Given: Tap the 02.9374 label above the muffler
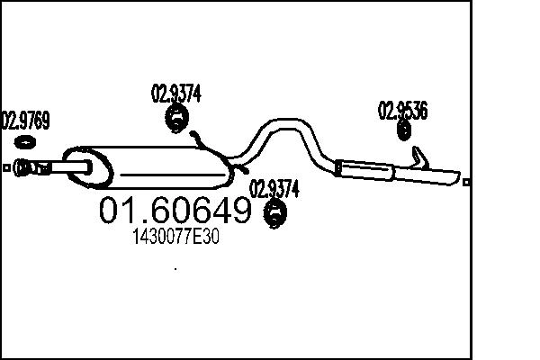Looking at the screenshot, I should [x=175, y=92].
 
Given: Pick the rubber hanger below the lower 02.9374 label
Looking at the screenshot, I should [x=274, y=213].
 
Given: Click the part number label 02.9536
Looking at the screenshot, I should [x=402, y=111].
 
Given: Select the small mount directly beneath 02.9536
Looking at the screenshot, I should [x=404, y=131].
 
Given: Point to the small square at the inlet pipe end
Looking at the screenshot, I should [x=6, y=167].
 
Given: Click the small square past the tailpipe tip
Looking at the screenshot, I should [x=466, y=182].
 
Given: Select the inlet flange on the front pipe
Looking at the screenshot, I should [x=26, y=166].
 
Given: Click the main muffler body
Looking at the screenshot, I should [x=153, y=165].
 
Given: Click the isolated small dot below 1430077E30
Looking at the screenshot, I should [x=175, y=268].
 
